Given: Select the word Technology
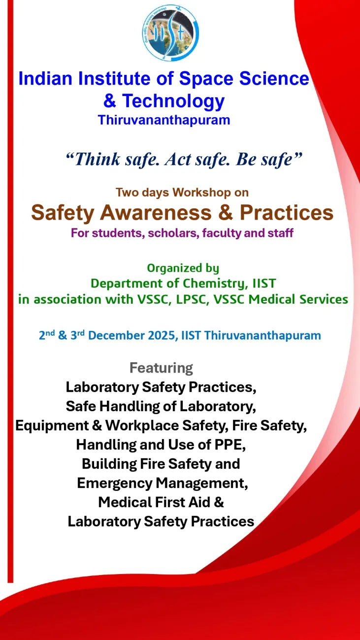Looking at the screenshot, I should (x=173, y=101).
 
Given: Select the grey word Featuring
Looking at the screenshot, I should (x=161, y=368).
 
